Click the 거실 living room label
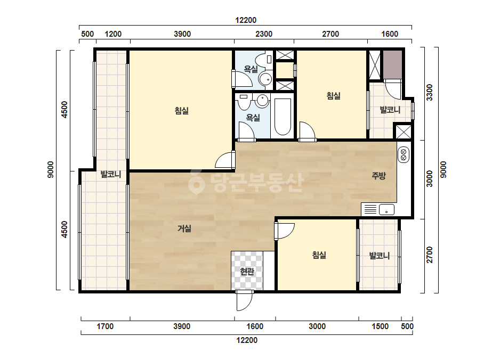pyautogui.click(x=184, y=228)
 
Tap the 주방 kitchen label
pyautogui.click(x=378, y=176)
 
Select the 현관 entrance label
pyautogui.click(x=247, y=271)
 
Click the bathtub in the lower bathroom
pyautogui.click(x=283, y=117)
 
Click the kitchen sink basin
pyautogui.click(x=386, y=209)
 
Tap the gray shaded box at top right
pyautogui.click(x=392, y=65)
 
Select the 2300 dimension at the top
pyautogui.click(x=264, y=34)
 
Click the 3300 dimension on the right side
pyautogui.click(x=429, y=93)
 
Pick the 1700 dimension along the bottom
pyautogui.click(x=105, y=326)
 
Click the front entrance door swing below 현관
pyautogui.click(x=245, y=301)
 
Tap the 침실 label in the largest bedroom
pyautogui.click(x=182, y=111)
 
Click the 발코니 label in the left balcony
pyautogui.click(x=111, y=174)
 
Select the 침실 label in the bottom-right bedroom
pyautogui.click(x=319, y=255)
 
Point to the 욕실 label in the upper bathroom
pyautogui.click(x=251, y=69)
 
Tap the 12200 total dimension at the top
pyautogui.click(x=246, y=20)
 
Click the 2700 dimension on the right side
pyautogui.click(x=429, y=255)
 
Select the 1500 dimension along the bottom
pyautogui.click(x=380, y=326)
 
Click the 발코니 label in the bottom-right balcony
pyautogui.click(x=380, y=256)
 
